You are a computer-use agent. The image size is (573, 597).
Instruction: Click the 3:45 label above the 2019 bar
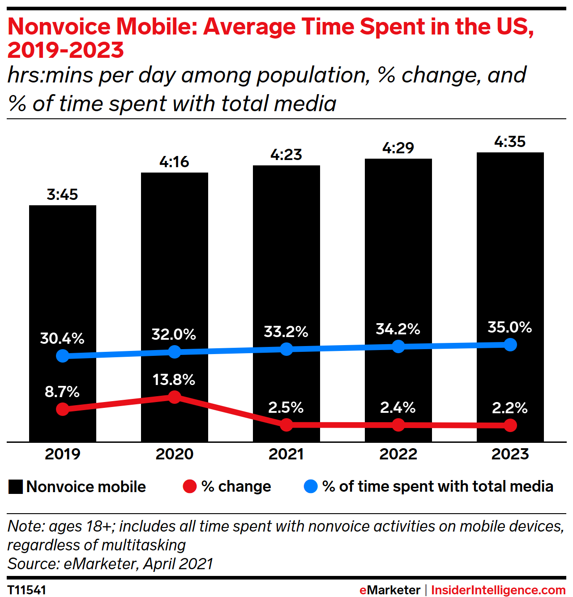click(62, 195)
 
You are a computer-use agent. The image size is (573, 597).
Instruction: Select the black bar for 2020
click(175, 269)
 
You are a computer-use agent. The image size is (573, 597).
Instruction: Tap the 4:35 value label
click(510, 142)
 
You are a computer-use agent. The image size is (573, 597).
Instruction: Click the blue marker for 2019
click(63, 356)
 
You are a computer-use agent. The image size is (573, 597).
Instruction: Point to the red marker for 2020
click(175, 397)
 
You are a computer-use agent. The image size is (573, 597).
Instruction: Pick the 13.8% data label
click(174, 380)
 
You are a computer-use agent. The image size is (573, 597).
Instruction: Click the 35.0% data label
click(510, 328)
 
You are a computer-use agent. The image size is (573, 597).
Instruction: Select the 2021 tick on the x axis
click(286, 454)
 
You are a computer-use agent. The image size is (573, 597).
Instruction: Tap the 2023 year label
click(510, 454)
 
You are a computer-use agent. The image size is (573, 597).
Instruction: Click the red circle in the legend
click(190, 486)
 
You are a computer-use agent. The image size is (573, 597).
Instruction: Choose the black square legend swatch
click(16, 487)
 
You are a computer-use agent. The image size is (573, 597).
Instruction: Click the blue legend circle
click(311, 486)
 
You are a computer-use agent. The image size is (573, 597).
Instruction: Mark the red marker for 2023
click(510, 425)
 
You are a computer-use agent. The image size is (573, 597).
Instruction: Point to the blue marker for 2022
click(398, 346)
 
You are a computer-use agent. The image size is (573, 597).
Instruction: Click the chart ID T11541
click(27, 590)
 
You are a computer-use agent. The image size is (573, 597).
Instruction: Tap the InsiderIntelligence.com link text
click(498, 590)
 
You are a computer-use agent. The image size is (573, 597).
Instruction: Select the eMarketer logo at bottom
click(390, 590)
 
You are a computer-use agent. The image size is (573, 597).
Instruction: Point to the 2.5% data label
click(286, 408)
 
